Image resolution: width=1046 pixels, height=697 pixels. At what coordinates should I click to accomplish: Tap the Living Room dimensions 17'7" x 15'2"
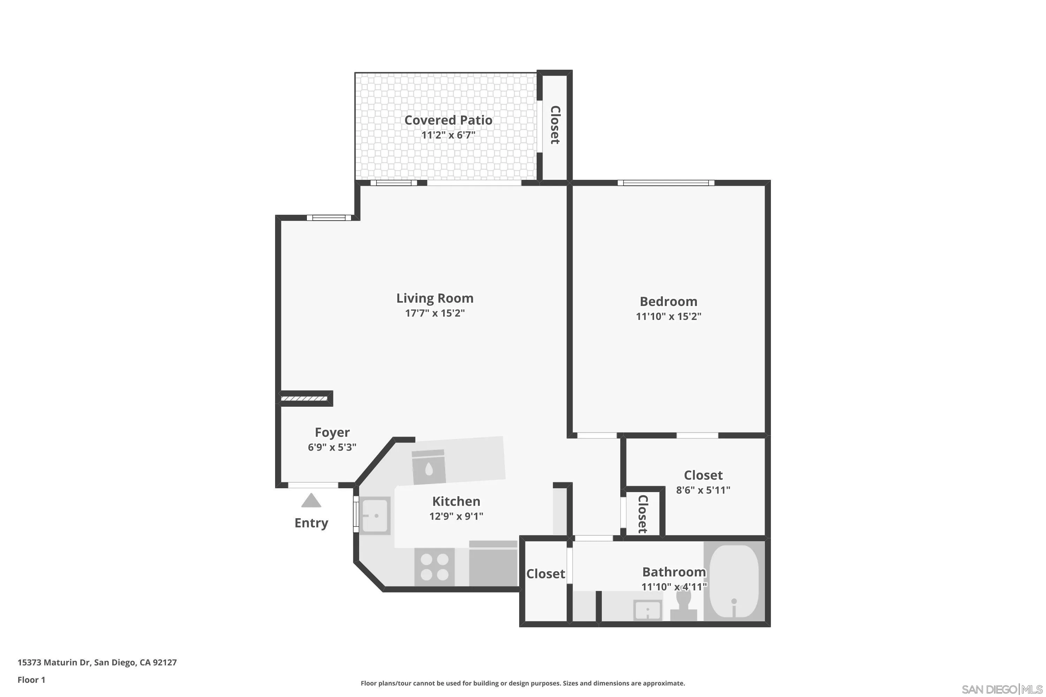click(434, 313)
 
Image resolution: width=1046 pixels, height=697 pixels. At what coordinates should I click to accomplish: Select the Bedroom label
click(668, 302)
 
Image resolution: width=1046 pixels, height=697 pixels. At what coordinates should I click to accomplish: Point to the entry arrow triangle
click(311, 501)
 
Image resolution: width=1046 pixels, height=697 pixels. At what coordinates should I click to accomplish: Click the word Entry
click(311, 523)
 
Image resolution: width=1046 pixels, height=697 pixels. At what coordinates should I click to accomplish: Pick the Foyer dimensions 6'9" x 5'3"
click(332, 447)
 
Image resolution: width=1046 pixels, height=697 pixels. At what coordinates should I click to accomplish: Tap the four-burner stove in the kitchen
click(434, 567)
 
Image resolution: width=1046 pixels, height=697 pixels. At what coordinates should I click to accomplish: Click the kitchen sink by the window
click(375, 516)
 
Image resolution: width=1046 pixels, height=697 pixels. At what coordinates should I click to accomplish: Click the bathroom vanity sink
click(647, 610)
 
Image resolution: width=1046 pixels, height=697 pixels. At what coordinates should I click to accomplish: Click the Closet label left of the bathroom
click(545, 574)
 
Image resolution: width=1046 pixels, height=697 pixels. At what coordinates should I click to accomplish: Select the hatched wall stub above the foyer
click(305, 399)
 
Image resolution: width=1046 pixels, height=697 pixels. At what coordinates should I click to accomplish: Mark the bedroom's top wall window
click(666, 183)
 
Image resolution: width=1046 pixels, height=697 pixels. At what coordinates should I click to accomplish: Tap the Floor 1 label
click(31, 680)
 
